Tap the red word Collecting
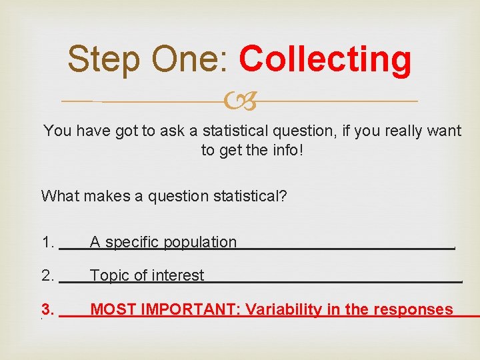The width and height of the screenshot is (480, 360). click(x=325, y=59)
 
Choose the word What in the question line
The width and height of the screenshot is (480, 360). click(x=58, y=196)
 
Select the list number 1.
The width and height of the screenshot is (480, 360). click(x=47, y=243)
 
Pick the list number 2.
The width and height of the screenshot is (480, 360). click(x=47, y=275)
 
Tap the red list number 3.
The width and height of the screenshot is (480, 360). click(x=47, y=309)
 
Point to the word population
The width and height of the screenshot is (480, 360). click(x=200, y=243)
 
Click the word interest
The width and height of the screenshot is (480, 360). click(x=175, y=275)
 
